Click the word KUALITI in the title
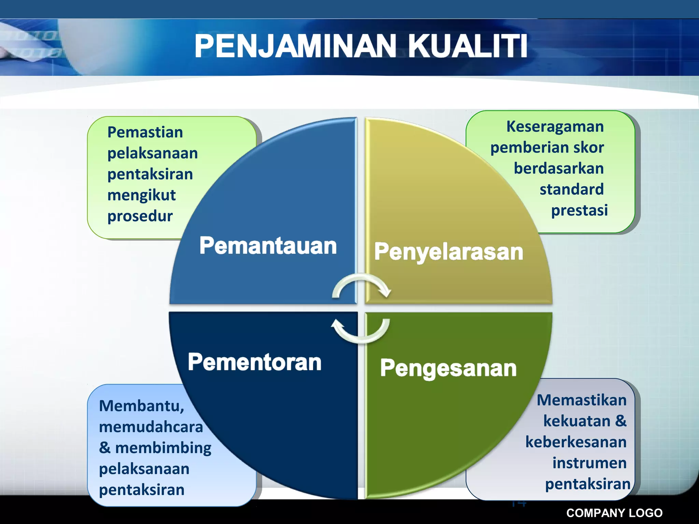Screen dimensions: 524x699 [x=468, y=46]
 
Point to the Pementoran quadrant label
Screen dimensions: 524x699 [x=255, y=362]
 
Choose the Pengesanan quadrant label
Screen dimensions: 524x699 [x=448, y=368]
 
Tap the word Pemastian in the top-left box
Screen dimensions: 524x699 [x=145, y=132]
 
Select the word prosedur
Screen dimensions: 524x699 [x=140, y=216]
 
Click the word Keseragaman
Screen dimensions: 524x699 [x=555, y=127]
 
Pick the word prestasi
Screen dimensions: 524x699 [x=579, y=210]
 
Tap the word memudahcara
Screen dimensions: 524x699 [x=151, y=427]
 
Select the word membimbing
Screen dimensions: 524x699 [x=163, y=448]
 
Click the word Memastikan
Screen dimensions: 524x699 [x=582, y=400]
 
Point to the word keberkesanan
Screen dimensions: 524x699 [x=576, y=442]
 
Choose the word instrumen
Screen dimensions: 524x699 [x=589, y=463]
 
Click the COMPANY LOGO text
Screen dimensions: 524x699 [x=614, y=513]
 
